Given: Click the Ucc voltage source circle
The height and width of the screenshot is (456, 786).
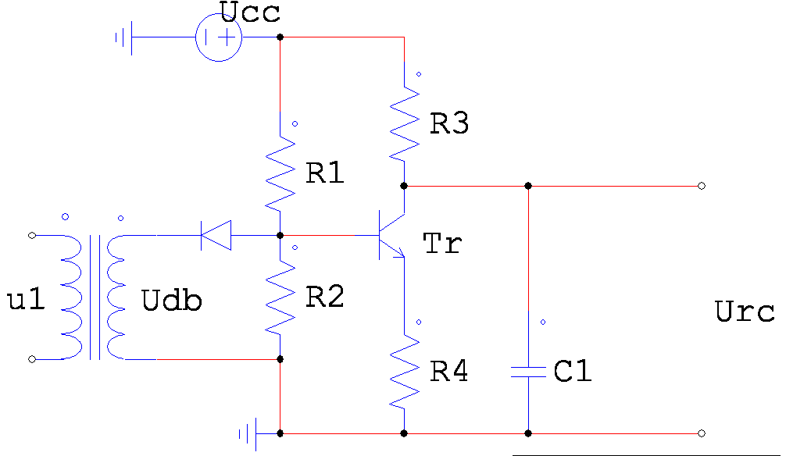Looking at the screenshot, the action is (219, 15).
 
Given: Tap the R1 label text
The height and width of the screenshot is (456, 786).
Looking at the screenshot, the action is (325, 173).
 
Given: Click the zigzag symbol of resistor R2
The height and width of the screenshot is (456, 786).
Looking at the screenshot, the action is (280, 297).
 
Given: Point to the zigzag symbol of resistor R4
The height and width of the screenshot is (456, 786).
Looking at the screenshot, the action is (404, 372).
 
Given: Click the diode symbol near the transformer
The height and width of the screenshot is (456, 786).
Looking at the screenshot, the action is (216, 235).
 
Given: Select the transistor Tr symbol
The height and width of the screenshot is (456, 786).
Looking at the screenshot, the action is (391, 235).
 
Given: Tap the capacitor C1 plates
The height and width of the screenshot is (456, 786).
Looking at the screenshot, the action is (528, 372).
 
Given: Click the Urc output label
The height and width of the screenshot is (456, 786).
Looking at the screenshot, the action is (745, 312).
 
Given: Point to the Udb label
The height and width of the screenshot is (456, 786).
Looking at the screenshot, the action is (171, 300).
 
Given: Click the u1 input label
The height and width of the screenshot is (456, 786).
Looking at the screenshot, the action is (26, 300).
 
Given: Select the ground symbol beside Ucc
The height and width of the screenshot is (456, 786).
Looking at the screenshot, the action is (123, 37).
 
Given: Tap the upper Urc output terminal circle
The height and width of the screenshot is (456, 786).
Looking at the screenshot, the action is (702, 186).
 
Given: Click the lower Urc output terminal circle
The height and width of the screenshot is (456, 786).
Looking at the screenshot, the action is (702, 433).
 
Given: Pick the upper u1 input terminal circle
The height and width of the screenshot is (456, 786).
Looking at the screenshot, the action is (32, 235).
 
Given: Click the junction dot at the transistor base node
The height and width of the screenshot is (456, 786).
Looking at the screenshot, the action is (280, 235).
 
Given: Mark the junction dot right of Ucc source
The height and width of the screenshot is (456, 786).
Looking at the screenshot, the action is (280, 37).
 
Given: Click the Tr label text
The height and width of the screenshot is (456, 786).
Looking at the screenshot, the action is (442, 244).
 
